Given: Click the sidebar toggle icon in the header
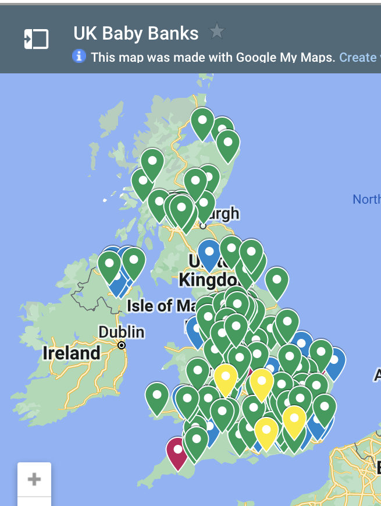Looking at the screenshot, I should pyautogui.click(x=36, y=39).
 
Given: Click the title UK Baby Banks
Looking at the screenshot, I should pyautogui.click(x=136, y=33).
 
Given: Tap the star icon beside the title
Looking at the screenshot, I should pyautogui.click(x=217, y=31).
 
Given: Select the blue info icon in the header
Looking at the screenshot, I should pyautogui.click(x=79, y=56).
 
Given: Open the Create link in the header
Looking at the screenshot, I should pyautogui.click(x=357, y=57).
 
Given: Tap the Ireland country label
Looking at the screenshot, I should pyautogui.click(x=72, y=353).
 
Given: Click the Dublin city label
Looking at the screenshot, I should pyautogui.click(x=121, y=332).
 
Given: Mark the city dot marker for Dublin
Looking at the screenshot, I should pyautogui.click(x=122, y=345).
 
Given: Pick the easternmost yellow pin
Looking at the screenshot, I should pyautogui.click(x=294, y=418).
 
